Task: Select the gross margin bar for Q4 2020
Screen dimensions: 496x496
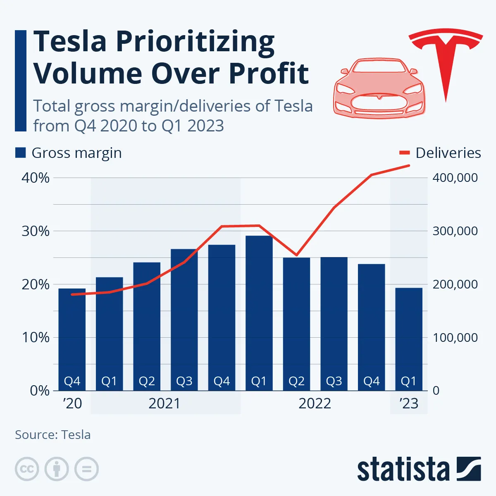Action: (72, 339)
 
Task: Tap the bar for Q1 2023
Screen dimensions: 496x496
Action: (408, 339)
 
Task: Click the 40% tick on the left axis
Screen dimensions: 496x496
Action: (36, 178)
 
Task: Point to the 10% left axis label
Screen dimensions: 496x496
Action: (36, 337)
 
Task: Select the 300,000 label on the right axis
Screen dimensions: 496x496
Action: (455, 231)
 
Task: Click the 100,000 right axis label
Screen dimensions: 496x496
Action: (455, 338)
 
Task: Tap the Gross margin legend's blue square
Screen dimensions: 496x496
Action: (21, 153)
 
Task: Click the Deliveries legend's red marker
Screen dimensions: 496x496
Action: (404, 153)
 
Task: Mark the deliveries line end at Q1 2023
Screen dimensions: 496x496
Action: (408, 166)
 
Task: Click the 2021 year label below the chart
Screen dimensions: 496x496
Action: (165, 403)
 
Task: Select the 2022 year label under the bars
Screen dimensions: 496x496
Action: (315, 403)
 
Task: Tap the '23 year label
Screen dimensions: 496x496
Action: (409, 403)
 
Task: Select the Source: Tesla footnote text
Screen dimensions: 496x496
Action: (53, 435)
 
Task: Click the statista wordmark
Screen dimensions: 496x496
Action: (403, 470)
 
